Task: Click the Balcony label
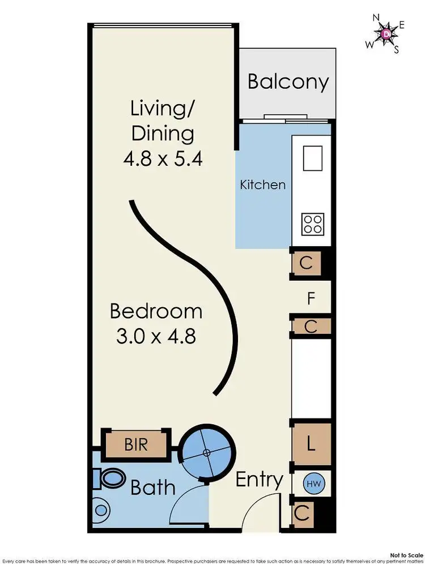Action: click(x=288, y=81)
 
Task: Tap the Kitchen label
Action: click(x=262, y=184)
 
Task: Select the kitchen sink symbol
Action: click(x=313, y=158)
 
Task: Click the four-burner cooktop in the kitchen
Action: click(x=313, y=223)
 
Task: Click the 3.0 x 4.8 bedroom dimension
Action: click(x=156, y=337)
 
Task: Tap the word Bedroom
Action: click(x=156, y=311)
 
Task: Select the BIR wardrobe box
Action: click(x=135, y=444)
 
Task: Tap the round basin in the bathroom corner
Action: click(x=102, y=511)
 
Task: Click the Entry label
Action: click(x=259, y=480)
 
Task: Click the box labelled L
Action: click(x=310, y=445)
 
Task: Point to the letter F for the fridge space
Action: click(x=311, y=298)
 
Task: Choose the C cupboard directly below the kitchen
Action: click(x=305, y=263)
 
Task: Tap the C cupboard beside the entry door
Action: click(x=302, y=514)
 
